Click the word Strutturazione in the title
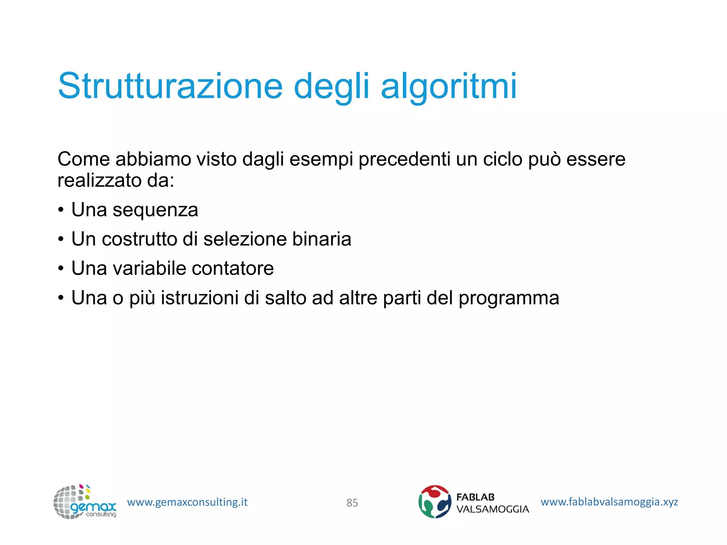pos(170,86)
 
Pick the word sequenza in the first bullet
pos(155,210)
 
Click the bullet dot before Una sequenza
pos(61,210)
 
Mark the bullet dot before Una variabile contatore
pos(61,269)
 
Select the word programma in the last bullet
pos(509,298)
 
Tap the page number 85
pos(352,503)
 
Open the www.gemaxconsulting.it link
pos(187,502)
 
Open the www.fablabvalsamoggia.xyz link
pos(609,502)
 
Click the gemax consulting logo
pos(84,502)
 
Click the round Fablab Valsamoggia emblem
pos(434,502)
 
